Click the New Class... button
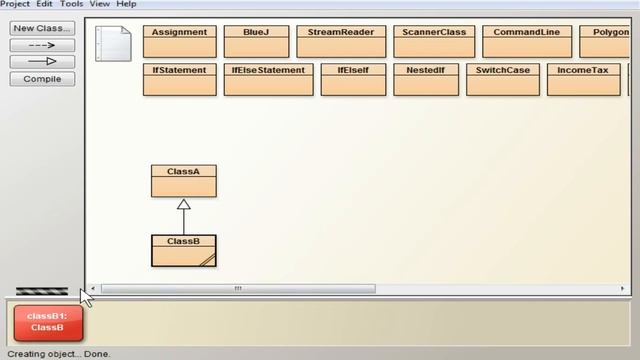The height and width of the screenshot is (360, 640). click(42, 28)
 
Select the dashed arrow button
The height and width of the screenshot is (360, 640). click(42, 45)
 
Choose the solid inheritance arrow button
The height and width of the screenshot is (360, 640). click(42, 62)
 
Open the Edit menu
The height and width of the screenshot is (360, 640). click(45, 4)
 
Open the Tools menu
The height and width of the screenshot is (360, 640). click(71, 4)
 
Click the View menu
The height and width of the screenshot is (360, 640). click(100, 4)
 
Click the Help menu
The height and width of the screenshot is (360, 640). click(126, 4)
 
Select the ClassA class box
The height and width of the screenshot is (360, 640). click(183, 181)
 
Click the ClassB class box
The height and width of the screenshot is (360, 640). click(183, 250)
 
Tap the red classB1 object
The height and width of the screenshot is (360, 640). click(47, 322)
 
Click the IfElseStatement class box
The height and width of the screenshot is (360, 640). click(268, 80)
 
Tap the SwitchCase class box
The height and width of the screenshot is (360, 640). click(502, 80)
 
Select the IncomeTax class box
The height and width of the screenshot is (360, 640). click(582, 80)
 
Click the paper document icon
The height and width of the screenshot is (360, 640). click(113, 44)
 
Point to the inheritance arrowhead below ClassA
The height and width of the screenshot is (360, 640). click(183, 204)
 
